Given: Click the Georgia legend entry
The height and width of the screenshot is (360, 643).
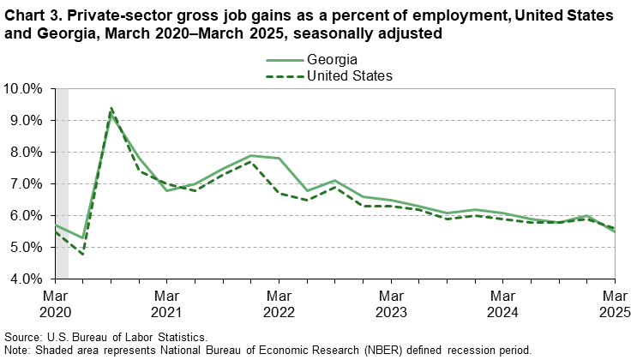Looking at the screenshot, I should coord(331,59).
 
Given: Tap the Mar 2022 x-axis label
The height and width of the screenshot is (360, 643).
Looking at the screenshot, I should coord(279,303).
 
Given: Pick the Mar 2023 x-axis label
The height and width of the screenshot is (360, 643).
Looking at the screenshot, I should coord(391,303).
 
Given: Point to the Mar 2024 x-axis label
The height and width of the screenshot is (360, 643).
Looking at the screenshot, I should coord(503,303).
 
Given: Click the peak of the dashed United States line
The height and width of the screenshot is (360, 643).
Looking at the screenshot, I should coord(111,108).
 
